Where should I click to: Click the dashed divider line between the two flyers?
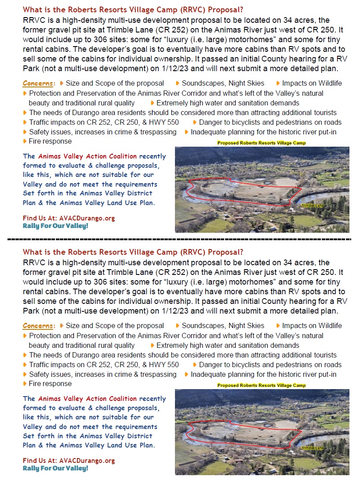[x=180, y=240]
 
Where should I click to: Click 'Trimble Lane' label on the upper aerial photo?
[x=312, y=206]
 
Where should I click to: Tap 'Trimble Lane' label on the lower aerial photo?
[x=312, y=448]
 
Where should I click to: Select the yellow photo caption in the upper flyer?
[x=261, y=143]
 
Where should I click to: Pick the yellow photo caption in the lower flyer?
[x=261, y=386]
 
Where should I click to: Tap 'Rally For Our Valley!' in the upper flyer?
[x=55, y=226]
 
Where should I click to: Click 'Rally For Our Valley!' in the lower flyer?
[x=55, y=468]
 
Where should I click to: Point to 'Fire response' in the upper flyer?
[x=50, y=141]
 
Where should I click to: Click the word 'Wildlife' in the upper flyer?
[x=327, y=83]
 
